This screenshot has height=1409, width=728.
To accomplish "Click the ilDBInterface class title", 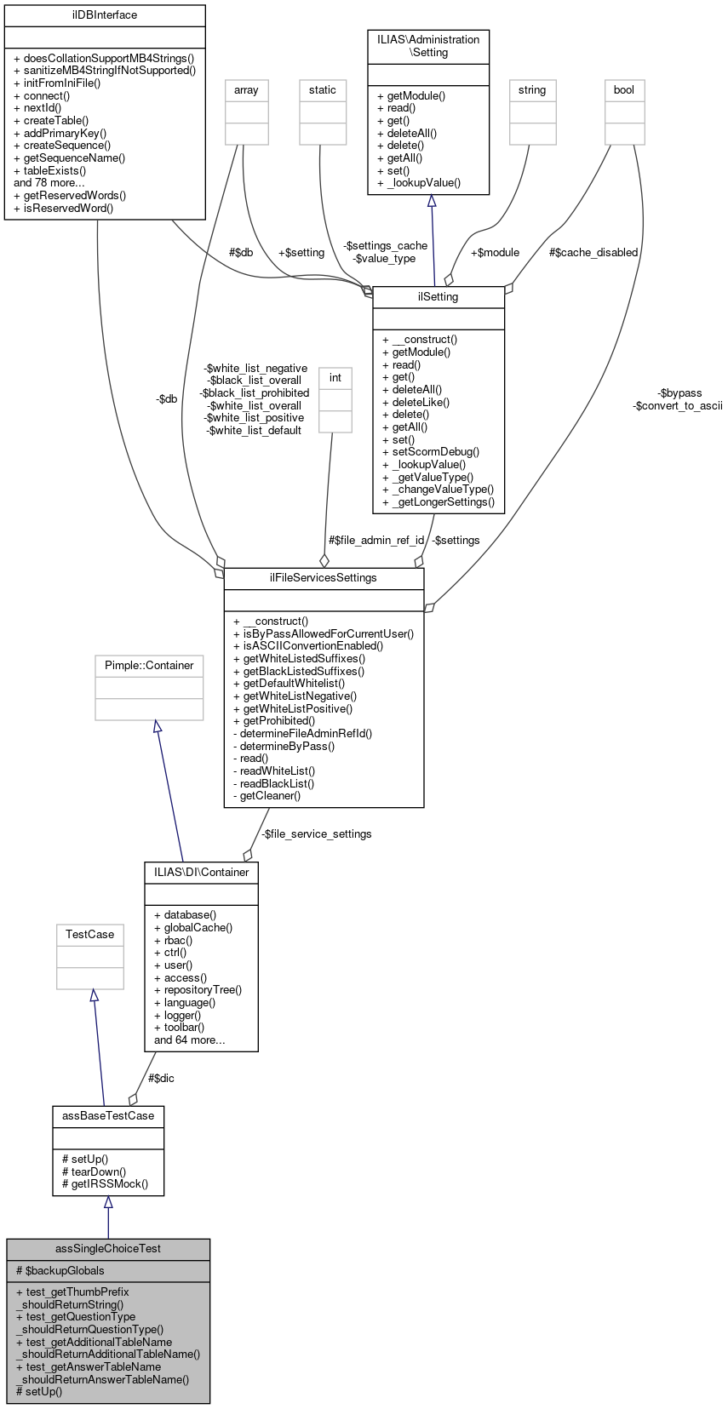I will click(x=105, y=15).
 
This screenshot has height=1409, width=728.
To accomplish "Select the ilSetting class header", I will click(x=439, y=297).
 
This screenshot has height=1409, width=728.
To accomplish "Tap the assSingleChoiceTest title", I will click(x=108, y=1249).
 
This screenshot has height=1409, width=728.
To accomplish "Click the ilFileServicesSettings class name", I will click(x=324, y=578).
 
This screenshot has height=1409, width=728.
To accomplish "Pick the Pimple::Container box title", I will click(x=149, y=666).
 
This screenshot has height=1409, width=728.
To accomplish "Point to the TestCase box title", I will click(x=90, y=935).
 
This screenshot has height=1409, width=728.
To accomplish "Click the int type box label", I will click(x=335, y=378).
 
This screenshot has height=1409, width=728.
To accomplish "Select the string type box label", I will click(x=532, y=90).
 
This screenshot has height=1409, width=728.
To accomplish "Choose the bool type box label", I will click(x=624, y=90).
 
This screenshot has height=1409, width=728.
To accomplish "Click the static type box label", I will click(x=323, y=90).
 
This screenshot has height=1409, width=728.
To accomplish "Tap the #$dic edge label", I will click(x=162, y=1078).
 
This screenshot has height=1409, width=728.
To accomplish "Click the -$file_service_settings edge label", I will click(x=317, y=834).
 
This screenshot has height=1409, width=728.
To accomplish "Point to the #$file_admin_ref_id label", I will click(x=376, y=541).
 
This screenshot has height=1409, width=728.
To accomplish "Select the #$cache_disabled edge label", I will click(x=593, y=253).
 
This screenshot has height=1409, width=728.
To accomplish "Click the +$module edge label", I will click(x=495, y=253).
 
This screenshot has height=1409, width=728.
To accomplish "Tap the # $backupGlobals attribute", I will click(x=60, y=1270).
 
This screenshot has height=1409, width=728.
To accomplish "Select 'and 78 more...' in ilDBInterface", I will click(x=49, y=183).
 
